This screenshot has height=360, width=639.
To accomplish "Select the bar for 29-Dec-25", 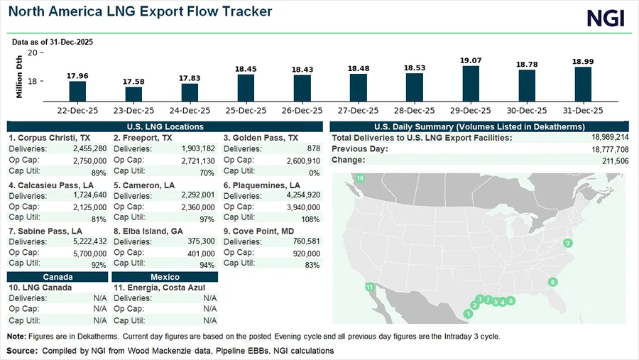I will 471,82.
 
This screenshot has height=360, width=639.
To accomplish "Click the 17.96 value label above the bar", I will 77,76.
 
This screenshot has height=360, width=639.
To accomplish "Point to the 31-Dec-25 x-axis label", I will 583,111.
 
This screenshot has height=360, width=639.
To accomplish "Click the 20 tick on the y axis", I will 33,53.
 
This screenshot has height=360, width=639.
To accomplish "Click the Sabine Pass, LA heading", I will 45,231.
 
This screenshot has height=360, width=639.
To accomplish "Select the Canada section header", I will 58,276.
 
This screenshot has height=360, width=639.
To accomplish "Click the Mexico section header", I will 165,276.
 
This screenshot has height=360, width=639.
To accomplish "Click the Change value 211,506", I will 613,160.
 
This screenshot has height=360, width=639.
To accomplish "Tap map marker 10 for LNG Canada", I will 360,178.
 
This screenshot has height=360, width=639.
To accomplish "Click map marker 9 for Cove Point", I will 567,244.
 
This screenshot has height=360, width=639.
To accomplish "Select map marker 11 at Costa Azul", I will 369,287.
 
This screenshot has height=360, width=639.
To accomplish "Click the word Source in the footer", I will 22,351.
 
